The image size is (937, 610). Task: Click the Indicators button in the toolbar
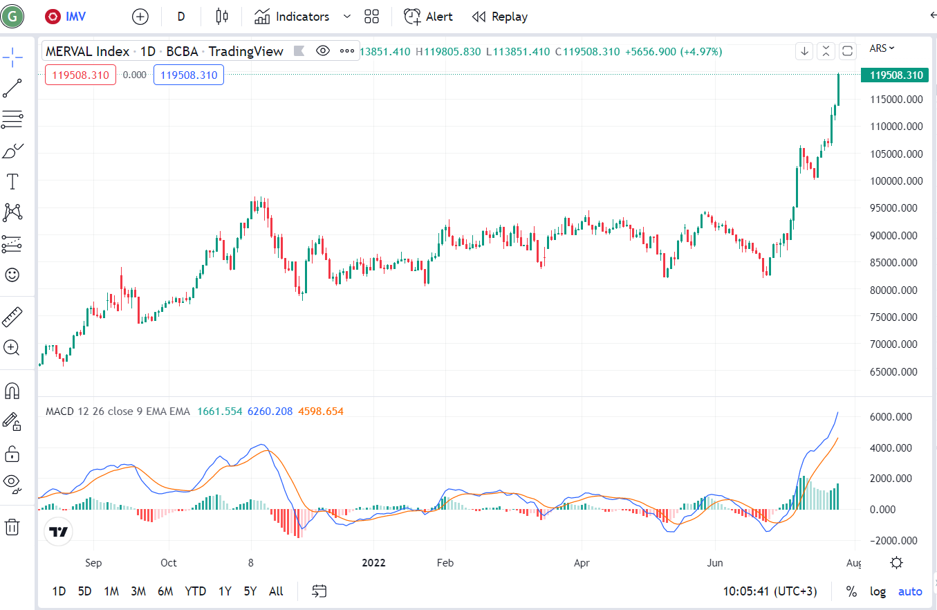click(x=292, y=17)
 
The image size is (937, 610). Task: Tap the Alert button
click(x=428, y=17)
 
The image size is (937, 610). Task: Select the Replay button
click(x=500, y=17)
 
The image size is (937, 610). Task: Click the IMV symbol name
click(x=75, y=17)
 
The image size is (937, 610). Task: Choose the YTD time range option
click(x=195, y=591)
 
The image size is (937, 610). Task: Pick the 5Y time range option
click(x=250, y=591)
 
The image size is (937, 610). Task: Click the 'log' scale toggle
click(x=878, y=591)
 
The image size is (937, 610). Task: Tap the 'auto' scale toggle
click(x=910, y=591)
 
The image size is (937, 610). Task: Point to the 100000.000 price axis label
click(x=896, y=181)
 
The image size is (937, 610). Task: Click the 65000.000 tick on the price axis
click(x=893, y=371)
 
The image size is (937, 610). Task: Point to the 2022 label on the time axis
click(x=373, y=563)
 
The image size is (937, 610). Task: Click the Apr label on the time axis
click(x=582, y=563)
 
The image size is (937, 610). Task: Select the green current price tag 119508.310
click(x=895, y=75)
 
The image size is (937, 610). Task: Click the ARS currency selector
click(x=882, y=48)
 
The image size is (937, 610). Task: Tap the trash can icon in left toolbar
click(x=12, y=527)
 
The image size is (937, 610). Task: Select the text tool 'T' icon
click(x=12, y=182)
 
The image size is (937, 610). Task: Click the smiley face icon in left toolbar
click(x=12, y=275)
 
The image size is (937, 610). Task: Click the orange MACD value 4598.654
click(x=320, y=412)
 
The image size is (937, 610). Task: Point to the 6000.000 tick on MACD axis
click(x=891, y=417)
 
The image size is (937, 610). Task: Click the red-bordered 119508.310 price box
click(x=80, y=75)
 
